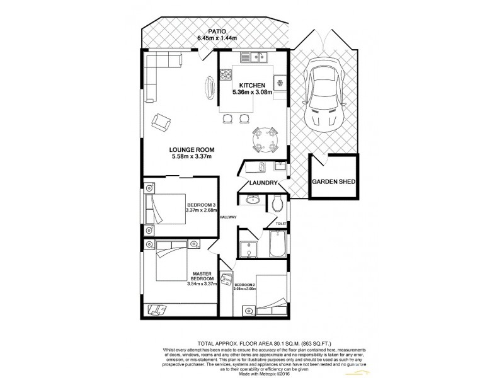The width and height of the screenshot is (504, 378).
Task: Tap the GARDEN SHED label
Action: [x=334, y=182]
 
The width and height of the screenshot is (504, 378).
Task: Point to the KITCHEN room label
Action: [x=251, y=85]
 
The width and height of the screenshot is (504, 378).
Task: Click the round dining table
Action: [x=264, y=139]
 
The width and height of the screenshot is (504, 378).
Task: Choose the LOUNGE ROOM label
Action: [x=193, y=149]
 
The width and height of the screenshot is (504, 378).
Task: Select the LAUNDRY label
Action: [x=263, y=183]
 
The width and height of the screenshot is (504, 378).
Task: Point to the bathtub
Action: [x=277, y=244]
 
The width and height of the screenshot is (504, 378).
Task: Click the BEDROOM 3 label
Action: [x=201, y=205]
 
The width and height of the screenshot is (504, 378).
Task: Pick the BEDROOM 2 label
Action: [x=244, y=285]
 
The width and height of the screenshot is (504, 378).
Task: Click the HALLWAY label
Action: [x=227, y=217]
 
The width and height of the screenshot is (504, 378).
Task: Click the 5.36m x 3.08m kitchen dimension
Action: [x=252, y=92]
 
